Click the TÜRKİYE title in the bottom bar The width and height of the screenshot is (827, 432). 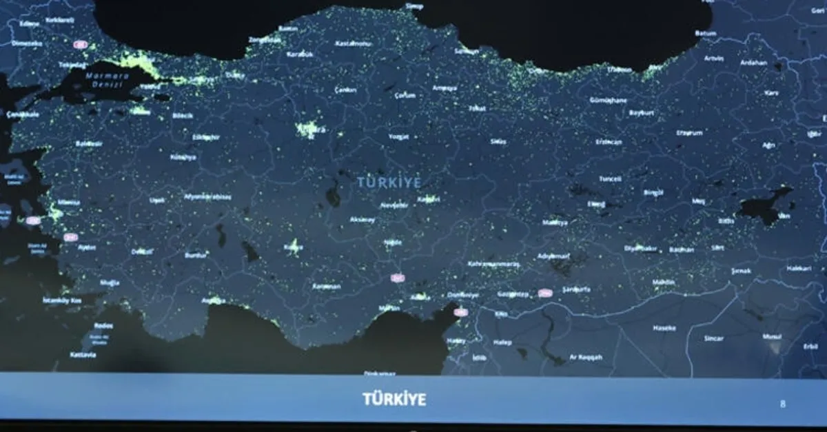tap(394, 399)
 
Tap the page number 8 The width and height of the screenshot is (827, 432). tap(782, 404)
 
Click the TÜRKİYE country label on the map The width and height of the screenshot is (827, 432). tap(389, 182)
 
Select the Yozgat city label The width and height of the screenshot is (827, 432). tap(398, 136)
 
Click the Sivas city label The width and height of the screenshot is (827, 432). tap(498, 141)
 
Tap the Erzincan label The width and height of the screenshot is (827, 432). tap(609, 142)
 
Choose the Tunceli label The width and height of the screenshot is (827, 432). tap(610, 178)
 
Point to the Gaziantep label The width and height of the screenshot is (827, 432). tap(513, 294)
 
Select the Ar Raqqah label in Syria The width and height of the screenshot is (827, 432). tap(586, 357)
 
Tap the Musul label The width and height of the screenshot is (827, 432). tap(771, 337)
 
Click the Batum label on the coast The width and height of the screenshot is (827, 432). tap(705, 32)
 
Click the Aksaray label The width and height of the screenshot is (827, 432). tap(363, 219)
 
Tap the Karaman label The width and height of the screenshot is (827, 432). tap(326, 286)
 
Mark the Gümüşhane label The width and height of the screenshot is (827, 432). tap(608, 100)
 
